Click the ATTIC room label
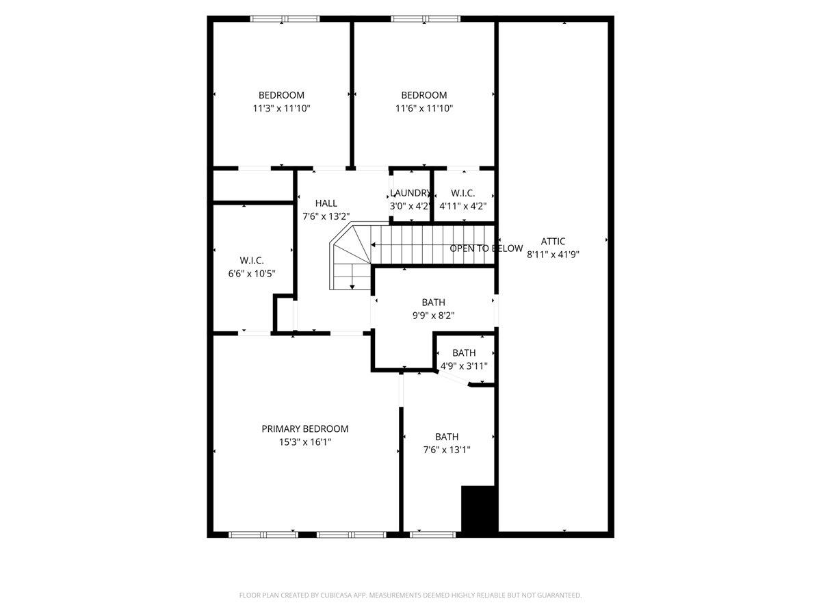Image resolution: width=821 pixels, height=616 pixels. click(x=553, y=241)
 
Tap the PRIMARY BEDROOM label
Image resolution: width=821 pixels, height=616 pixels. click(x=304, y=428)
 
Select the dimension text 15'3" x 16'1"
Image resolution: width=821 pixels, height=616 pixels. click(x=304, y=442)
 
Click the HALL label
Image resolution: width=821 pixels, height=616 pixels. click(x=326, y=203)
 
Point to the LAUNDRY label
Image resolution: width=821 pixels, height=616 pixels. click(x=410, y=193)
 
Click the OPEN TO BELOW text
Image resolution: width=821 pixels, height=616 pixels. click(x=486, y=248)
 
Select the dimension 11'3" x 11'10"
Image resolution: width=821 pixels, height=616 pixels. click(x=281, y=108)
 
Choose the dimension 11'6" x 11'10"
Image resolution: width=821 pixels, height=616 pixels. click(x=423, y=108)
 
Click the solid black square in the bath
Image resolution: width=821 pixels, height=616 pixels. click(x=478, y=509)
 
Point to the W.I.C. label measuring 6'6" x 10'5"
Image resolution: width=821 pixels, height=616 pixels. click(x=252, y=260)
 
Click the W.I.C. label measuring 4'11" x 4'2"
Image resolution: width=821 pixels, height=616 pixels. click(x=462, y=193)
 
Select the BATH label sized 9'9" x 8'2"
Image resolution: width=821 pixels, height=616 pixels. click(x=433, y=302)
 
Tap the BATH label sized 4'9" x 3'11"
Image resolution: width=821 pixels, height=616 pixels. click(x=464, y=352)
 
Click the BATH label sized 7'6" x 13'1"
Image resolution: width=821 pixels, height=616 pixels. click(x=447, y=437)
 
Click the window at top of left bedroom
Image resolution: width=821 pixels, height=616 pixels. click(x=285, y=19)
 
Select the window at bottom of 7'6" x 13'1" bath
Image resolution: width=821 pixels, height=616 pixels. click(x=432, y=535)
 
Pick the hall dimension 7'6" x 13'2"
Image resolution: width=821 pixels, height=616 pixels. click(x=326, y=216)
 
